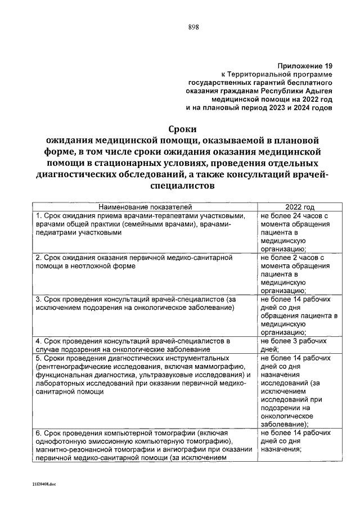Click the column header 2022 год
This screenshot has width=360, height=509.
[299, 207]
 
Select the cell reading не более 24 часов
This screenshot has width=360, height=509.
[294, 216]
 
